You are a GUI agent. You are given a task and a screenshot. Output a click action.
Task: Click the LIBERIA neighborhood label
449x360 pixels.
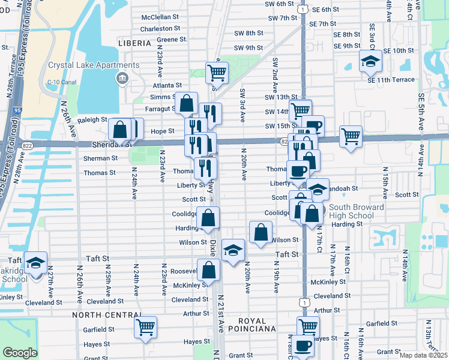coord(133,43)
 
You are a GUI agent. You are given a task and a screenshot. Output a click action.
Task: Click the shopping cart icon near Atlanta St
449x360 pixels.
coord(216,73)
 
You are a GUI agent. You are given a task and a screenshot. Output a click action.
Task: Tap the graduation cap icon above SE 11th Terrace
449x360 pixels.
coord(370,61)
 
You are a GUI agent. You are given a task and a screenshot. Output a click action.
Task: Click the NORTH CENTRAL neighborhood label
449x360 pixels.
coord(101,314)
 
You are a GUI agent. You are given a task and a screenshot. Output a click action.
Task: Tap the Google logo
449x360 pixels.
coord(20,353)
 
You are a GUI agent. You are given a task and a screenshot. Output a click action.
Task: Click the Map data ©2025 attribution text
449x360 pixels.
coord(424,355)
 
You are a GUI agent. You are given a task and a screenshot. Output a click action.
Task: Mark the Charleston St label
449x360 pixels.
coord(160,29)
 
